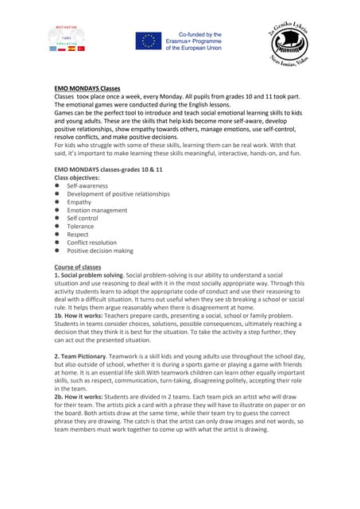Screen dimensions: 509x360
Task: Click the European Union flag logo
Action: [148, 41]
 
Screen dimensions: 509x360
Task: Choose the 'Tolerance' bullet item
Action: [80, 227]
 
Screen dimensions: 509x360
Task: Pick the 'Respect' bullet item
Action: [78, 235]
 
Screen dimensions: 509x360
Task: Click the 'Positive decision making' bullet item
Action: [100, 251]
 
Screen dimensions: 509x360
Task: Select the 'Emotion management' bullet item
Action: [97, 210]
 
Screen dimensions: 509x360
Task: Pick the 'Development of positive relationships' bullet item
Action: [118, 194]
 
